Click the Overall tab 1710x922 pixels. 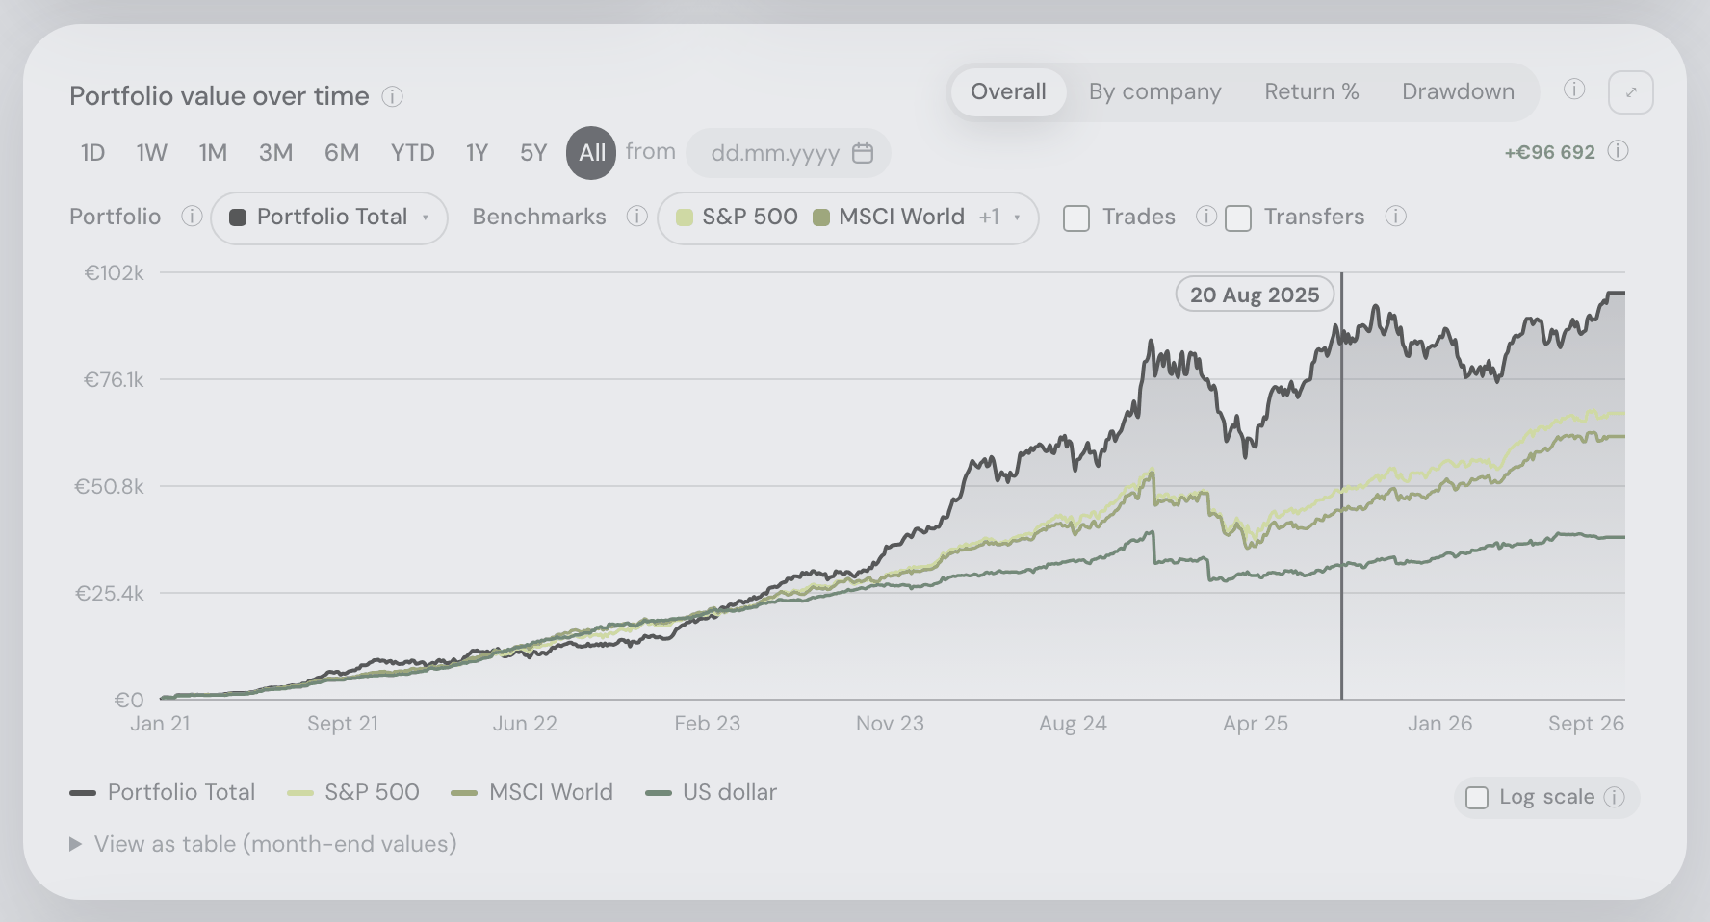1008,92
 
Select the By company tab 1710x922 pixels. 1154,92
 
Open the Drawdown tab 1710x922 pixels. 1458,92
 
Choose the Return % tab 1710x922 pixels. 1311,92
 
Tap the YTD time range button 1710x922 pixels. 412,153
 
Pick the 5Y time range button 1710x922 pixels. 533,153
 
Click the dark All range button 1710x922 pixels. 591,153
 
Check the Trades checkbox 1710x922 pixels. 1076,218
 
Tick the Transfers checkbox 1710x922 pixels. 1238,218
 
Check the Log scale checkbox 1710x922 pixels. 1477,798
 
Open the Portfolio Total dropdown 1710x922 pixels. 329,218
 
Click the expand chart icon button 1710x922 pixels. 1631,92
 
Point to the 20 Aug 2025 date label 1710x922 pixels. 1255,295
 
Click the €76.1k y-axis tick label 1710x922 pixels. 114,380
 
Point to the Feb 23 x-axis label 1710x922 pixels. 708,724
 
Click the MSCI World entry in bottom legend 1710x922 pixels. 531,792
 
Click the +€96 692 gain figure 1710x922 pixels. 1550,152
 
